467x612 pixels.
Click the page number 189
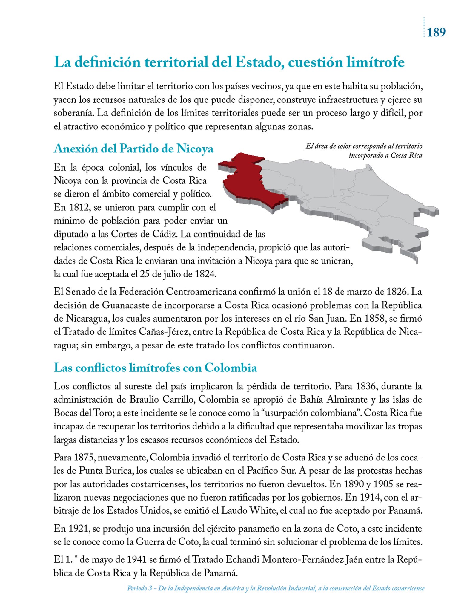pos(436,32)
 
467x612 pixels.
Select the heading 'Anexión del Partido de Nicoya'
pos(133,148)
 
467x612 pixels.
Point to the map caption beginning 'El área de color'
pos(364,151)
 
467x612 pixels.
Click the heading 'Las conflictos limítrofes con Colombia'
pos(155,368)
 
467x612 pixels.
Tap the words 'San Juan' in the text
pos(327,319)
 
